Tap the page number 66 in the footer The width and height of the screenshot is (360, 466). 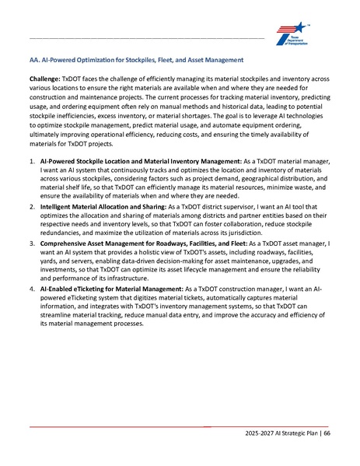point(327,433)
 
